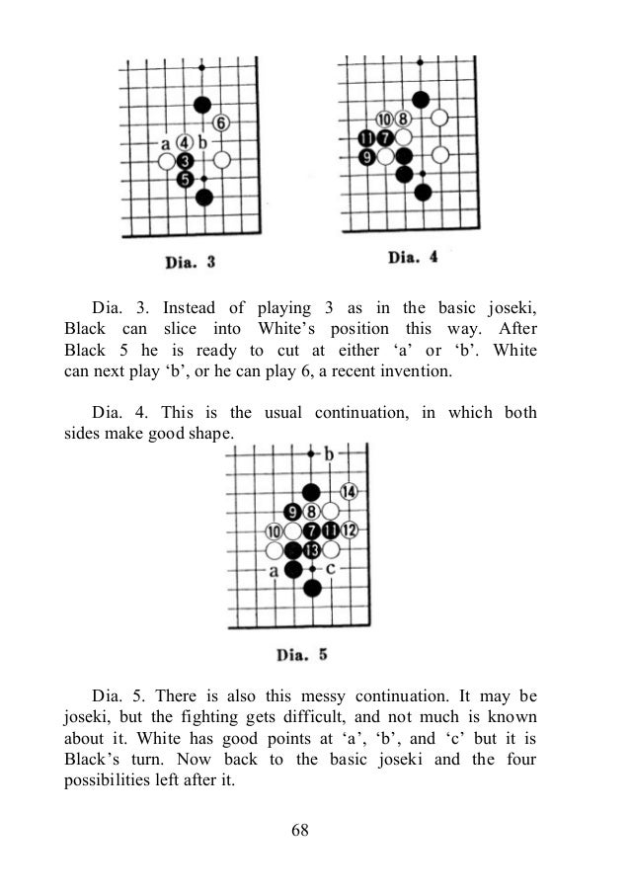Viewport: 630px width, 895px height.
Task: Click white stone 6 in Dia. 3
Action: click(221, 122)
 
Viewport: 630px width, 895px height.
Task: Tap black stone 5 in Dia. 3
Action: click(185, 178)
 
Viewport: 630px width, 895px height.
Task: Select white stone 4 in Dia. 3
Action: click(185, 141)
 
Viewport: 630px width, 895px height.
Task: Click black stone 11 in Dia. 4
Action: click(366, 137)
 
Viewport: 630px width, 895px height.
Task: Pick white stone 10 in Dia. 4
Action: click(384, 120)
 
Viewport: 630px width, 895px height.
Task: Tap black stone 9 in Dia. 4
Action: click(366, 156)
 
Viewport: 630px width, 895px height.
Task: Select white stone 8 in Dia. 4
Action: click(403, 120)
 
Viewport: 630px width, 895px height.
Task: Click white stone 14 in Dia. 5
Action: click(349, 492)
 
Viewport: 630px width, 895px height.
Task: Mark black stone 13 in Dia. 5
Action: click(312, 549)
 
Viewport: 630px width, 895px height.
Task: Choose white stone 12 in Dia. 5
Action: click(349, 530)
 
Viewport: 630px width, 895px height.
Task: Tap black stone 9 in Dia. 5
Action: click(293, 512)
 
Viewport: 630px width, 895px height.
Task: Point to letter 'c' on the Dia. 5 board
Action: click(331, 569)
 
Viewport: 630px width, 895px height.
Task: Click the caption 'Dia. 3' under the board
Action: click(189, 262)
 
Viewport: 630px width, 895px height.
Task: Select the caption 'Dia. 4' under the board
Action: click(413, 258)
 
